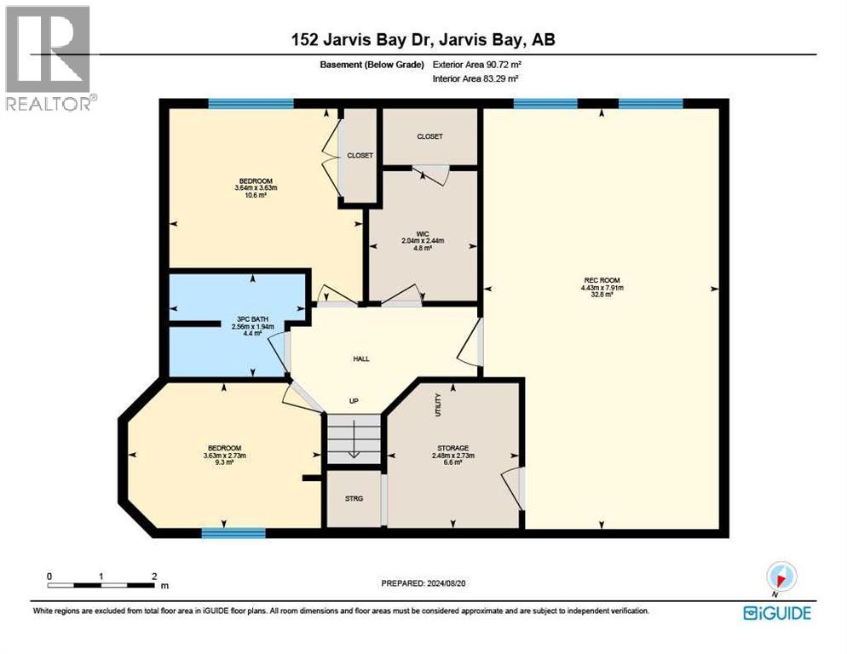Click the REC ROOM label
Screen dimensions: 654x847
click(x=602, y=280)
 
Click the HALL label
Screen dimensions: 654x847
click(x=361, y=359)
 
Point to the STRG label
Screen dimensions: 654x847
click(x=354, y=498)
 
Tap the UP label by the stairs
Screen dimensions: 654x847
click(x=354, y=401)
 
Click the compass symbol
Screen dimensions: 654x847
click(x=781, y=576)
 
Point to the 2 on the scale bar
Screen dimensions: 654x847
click(x=153, y=576)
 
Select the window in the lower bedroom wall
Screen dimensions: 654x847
click(x=233, y=533)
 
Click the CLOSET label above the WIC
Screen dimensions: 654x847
click(x=429, y=136)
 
